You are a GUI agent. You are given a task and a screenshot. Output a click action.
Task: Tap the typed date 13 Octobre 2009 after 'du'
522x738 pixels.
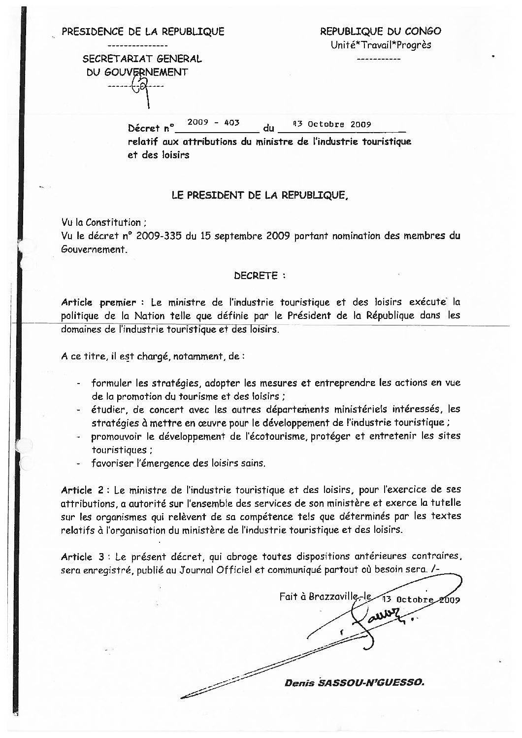point(331,124)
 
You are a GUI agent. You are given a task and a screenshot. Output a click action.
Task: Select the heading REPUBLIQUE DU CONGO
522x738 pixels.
point(380,32)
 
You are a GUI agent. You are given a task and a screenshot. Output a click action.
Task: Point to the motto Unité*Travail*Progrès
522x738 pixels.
point(381,45)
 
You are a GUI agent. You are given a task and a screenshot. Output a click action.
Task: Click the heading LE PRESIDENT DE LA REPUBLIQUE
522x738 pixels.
point(260,195)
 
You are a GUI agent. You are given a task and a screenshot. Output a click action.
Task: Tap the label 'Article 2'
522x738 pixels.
point(82,491)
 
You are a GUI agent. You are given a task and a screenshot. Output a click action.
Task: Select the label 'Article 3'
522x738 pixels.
point(82,557)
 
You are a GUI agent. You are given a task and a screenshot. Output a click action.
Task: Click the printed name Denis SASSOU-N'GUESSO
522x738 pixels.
point(354,683)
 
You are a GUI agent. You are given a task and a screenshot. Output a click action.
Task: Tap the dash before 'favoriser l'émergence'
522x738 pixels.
point(79,464)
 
